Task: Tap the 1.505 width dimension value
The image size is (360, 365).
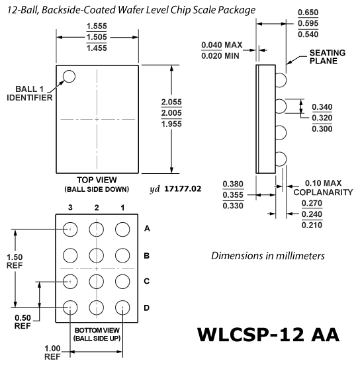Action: click(x=97, y=37)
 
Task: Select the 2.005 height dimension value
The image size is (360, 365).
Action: click(x=171, y=113)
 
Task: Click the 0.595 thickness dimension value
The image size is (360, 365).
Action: click(x=308, y=23)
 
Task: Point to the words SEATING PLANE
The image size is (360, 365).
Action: click(x=327, y=57)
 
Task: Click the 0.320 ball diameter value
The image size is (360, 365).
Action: click(x=322, y=118)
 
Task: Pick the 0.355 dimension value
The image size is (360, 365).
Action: click(x=233, y=195)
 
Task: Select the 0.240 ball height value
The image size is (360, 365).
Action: click(x=312, y=214)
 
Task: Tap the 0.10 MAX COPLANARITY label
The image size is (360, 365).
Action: click(x=323, y=188)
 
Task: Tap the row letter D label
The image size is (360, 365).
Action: click(x=146, y=307)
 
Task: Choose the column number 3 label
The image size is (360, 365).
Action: click(x=70, y=208)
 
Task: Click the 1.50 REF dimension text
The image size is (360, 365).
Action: click(x=15, y=261)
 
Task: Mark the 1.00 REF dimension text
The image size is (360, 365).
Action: click(x=52, y=352)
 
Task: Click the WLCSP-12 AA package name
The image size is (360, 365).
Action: click(x=268, y=335)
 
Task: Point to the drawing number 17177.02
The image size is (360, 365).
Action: click(x=183, y=189)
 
